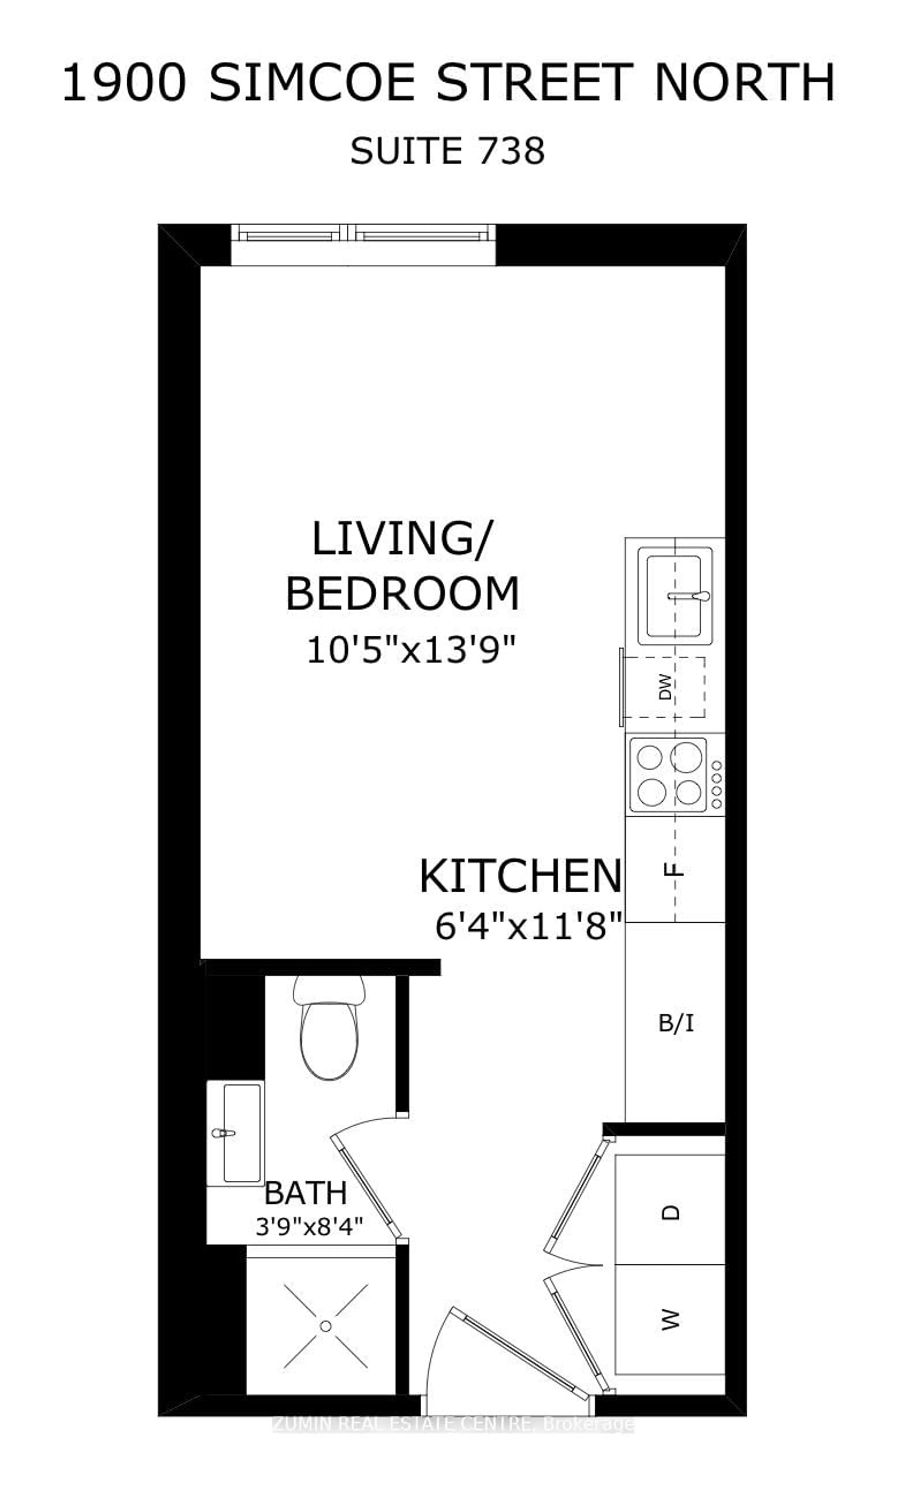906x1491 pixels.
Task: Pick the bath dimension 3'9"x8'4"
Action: pos(309,1227)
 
